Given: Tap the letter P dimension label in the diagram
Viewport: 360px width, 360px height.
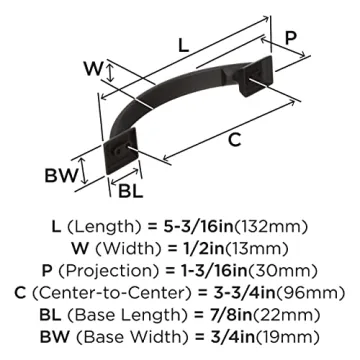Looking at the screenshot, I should point(291,37).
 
